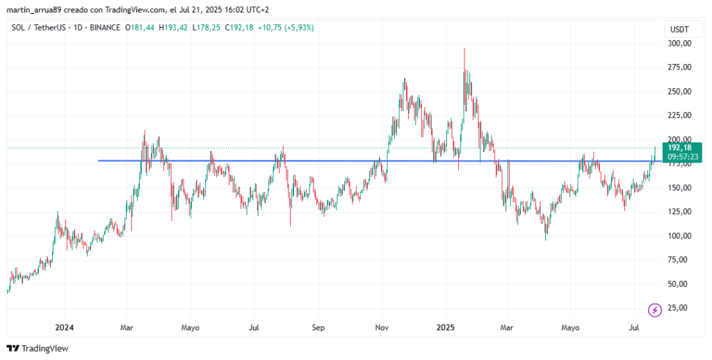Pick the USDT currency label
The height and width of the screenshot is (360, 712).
679,29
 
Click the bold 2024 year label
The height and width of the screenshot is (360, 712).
65,327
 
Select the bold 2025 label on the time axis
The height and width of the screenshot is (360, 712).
446,327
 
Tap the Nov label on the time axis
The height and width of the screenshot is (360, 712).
382,327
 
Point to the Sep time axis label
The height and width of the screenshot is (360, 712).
318,327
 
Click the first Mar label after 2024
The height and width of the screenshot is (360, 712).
127,327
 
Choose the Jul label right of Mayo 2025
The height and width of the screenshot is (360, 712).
634,327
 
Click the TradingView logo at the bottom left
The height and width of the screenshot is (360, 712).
38,348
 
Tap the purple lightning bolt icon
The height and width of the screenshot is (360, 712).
654,310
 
